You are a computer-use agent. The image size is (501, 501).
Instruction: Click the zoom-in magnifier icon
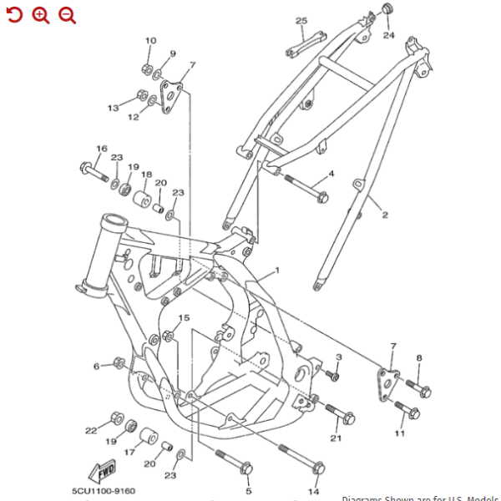pos(40,14)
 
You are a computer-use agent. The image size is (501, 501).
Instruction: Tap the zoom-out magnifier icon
pos(67,14)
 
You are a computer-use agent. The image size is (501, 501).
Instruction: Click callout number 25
pos(301,21)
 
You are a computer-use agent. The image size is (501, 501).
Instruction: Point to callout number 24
pos(388,36)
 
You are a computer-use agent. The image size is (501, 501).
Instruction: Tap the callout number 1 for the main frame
pos(277,271)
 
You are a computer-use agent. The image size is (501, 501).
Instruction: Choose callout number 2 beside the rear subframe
pos(385,215)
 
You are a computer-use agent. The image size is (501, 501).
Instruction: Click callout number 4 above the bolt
pos(331,174)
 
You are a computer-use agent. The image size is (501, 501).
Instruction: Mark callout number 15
pos(184,318)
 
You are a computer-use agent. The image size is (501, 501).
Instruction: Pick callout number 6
pos(96,366)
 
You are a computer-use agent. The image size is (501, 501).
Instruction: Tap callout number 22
pos(91,430)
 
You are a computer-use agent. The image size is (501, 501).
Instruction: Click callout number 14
pos(315,491)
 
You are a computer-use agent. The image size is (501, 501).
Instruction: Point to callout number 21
pos(336,438)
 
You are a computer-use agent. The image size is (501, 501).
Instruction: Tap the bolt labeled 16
pos(94,172)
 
